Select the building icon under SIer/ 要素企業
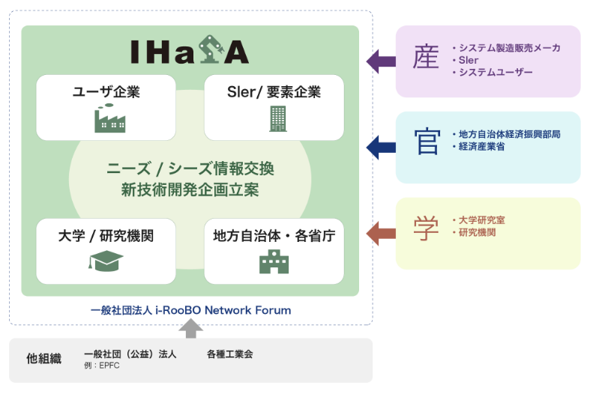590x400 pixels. (x=277, y=118)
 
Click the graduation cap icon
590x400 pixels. (x=106, y=261)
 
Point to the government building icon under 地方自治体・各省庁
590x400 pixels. (x=274, y=261)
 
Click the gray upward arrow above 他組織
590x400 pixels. (x=191, y=327)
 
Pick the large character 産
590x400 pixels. (x=425, y=58)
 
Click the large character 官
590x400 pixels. (x=426, y=142)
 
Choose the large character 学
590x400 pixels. (x=425, y=228)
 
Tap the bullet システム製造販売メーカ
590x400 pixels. (x=510, y=48)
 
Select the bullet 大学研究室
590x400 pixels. (x=482, y=220)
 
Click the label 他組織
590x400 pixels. (x=43, y=358)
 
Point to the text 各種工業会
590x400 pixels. (x=229, y=354)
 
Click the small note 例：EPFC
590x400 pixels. (x=101, y=366)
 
